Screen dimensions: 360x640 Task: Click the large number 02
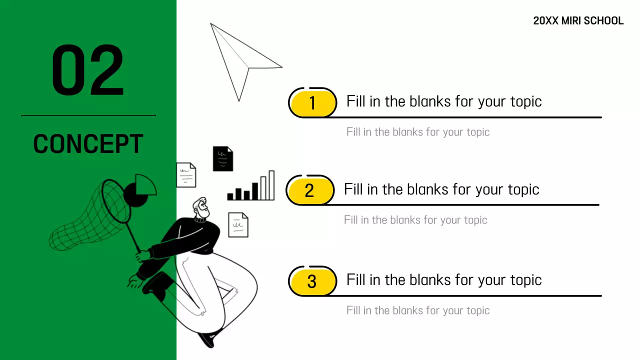[88, 70]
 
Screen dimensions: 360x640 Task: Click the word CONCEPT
[88, 144]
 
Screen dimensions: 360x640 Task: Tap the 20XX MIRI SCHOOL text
[578, 21]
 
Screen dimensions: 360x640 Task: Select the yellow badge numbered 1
[313, 103]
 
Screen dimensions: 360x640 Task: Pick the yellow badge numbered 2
[310, 190]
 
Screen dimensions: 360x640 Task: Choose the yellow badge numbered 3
[312, 281]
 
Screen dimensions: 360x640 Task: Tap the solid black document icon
[222, 158]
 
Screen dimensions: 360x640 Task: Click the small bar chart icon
[251, 187]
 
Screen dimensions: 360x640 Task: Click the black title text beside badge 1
[444, 101]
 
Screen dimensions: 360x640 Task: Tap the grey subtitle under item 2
[415, 220]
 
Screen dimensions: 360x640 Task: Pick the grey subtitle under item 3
[418, 310]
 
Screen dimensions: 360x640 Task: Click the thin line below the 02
[88, 115]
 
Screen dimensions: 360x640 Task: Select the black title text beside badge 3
[444, 280]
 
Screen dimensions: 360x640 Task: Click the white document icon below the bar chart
[238, 224]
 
